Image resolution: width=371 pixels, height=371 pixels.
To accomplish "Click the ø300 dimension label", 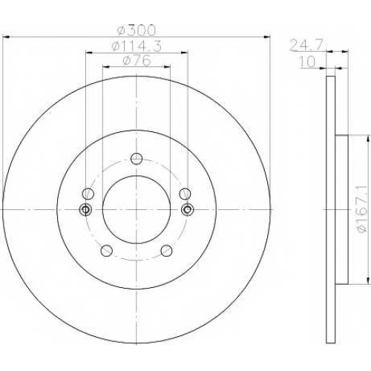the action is (137, 30).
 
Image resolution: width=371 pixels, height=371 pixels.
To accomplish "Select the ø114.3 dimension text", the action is (137, 46).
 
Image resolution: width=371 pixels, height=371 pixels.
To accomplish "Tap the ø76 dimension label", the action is (137, 60).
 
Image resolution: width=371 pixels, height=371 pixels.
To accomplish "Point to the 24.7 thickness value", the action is (306, 45).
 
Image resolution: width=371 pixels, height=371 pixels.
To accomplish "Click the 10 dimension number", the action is (307, 62).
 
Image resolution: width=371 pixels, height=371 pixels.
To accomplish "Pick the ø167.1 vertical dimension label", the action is (362, 210).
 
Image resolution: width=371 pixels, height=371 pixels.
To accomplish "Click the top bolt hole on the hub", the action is (137, 159).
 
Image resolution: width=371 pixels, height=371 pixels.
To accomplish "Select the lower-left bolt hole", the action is (107, 251).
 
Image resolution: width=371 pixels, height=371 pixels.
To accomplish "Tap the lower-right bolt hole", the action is (166, 251).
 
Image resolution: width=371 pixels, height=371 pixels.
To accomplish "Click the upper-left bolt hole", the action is (88, 194).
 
